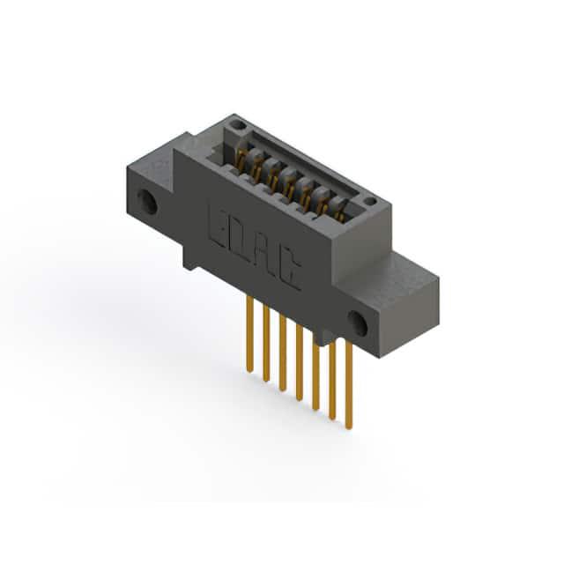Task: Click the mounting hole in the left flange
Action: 147,202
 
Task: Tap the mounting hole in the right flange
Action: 357,323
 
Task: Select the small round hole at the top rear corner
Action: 239,125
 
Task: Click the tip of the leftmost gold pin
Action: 250,370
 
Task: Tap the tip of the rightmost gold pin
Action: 349,427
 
